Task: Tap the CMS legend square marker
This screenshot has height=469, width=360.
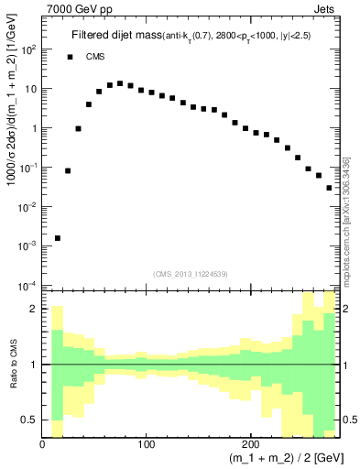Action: click(x=70, y=57)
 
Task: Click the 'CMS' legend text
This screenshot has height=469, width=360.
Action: click(x=96, y=57)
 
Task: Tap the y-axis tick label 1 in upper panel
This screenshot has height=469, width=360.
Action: click(x=33, y=128)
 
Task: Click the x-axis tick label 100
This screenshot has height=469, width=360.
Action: click(x=146, y=444)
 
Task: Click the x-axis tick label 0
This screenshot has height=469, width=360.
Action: click(x=43, y=444)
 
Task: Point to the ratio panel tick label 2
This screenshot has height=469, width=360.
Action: click(x=35, y=309)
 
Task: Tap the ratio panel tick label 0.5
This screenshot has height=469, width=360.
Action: click(x=30, y=420)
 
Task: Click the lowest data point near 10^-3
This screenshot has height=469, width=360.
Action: click(x=58, y=238)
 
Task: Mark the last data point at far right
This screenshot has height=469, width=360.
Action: click(x=330, y=188)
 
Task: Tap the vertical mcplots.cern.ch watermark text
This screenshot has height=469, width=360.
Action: click(x=346, y=220)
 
